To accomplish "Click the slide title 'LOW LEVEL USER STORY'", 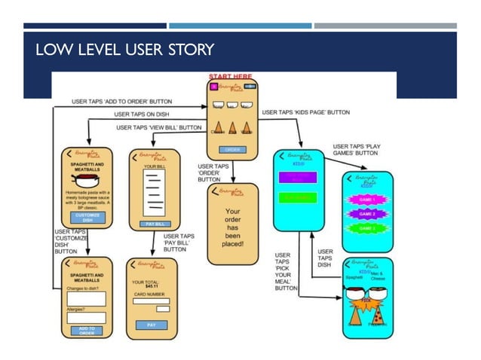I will point(124,50).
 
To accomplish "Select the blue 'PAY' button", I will point(152,325).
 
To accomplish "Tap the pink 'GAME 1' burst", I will point(367,200).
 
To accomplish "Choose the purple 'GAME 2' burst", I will point(367,214).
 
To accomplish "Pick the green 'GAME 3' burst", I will point(367,228).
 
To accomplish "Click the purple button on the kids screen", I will point(299,178).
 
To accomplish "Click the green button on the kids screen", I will point(299,197).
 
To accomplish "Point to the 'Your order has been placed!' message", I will point(232,227).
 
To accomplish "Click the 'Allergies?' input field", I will point(86,317).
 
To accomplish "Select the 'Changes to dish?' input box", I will point(86,298).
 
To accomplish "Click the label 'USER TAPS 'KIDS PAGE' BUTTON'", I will point(305,112).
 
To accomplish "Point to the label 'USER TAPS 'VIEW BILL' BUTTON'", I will point(158,128).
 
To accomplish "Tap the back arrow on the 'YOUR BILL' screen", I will point(133,156).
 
